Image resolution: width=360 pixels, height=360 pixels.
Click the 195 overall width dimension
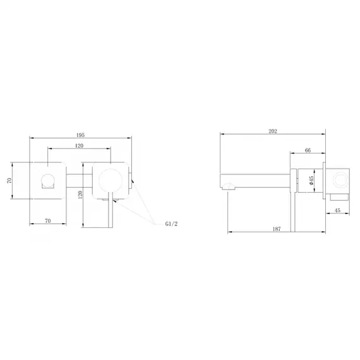tap(80, 135)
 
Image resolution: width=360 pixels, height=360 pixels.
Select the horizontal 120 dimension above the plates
tap(79, 145)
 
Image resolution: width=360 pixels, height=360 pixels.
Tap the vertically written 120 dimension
tap(80, 195)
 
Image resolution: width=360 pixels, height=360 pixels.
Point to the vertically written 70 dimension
tap(9, 180)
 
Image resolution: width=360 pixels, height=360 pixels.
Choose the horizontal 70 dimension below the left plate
tap(48, 220)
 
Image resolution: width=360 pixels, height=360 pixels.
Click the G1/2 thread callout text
tap(171, 224)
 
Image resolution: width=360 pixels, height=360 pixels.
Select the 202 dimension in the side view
tap(273, 131)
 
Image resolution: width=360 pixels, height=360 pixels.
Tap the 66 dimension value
tap(308, 150)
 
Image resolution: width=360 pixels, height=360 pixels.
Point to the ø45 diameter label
tap(311, 181)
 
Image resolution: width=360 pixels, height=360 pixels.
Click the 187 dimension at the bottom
tap(277, 229)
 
